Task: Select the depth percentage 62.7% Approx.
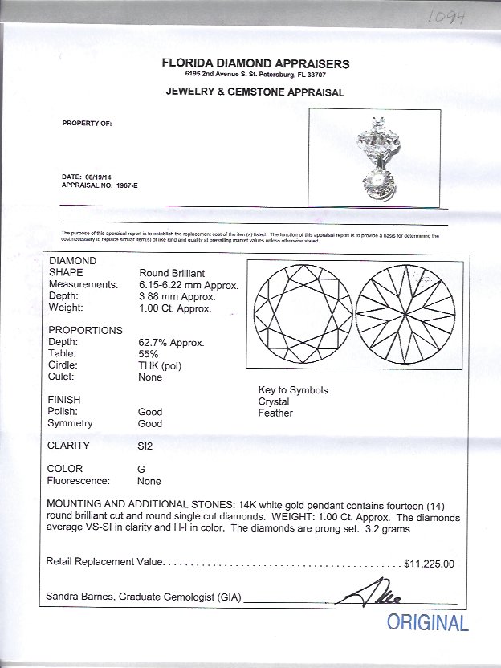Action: point(171,342)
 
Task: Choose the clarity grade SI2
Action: point(145,446)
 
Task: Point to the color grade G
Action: point(142,469)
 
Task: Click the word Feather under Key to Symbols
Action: point(275,413)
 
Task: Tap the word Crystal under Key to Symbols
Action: point(274,401)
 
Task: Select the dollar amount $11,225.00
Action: point(430,564)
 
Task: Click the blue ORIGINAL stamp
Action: point(428,622)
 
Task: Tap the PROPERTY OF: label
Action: point(88,124)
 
